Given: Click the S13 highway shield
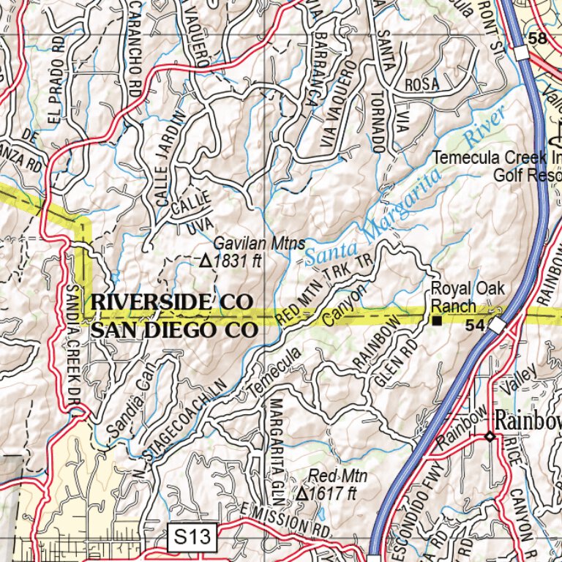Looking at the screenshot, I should click(193, 539).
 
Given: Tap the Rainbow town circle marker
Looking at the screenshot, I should click(490, 437).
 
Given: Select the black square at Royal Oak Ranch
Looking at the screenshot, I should click(437, 321).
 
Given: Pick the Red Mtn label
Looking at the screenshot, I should click(337, 477).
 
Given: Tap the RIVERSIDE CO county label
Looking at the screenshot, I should click(172, 302).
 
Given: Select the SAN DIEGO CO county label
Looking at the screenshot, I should click(174, 330).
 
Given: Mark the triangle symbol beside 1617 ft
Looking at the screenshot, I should click(302, 494).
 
